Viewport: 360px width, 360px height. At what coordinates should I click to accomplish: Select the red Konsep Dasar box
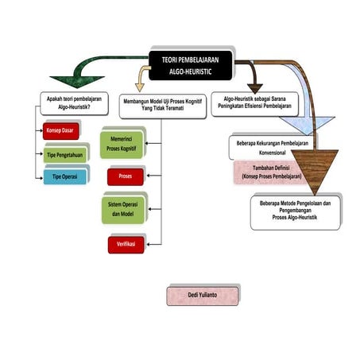click(61, 131)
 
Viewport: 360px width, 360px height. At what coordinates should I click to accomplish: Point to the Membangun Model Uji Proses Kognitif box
click(161, 106)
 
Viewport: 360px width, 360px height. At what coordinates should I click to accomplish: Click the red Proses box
click(125, 175)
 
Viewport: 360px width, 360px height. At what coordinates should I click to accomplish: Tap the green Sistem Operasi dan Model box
click(124, 209)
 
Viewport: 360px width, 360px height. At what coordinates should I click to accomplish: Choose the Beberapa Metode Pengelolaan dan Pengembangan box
click(295, 210)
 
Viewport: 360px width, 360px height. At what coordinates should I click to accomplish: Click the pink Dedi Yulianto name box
click(202, 295)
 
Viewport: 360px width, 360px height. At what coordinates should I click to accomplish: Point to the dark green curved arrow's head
click(59, 80)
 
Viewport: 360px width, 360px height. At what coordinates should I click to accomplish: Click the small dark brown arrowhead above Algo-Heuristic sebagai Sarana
click(256, 85)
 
